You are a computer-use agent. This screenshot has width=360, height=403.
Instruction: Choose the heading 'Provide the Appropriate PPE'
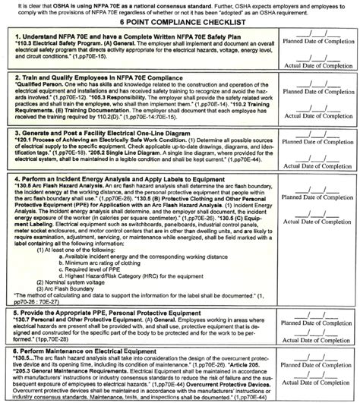point(99,313)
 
